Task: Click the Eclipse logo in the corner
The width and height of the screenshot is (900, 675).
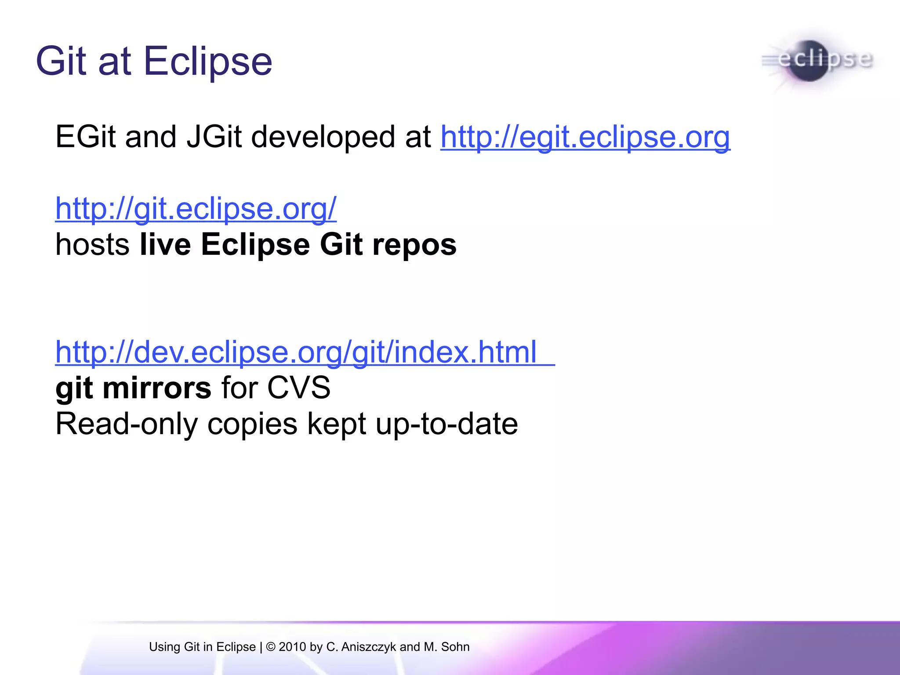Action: tap(817, 60)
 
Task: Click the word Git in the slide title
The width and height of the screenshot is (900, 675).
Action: tap(61, 61)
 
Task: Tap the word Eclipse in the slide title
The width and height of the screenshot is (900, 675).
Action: tap(207, 61)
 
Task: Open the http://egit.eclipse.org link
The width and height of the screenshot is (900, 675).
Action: tap(585, 137)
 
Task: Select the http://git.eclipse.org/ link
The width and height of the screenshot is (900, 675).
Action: tap(196, 209)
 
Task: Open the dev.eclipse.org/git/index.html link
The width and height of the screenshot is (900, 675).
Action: tap(296, 352)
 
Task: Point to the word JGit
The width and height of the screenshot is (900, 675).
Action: tap(214, 137)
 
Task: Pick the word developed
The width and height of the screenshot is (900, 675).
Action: tap(323, 137)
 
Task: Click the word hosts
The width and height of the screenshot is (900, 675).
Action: tap(92, 245)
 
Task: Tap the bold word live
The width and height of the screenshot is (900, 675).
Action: tap(165, 245)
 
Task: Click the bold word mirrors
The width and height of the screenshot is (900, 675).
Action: tap(157, 388)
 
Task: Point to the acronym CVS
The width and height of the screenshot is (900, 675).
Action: tap(298, 388)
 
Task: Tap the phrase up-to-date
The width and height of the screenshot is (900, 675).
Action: tap(447, 425)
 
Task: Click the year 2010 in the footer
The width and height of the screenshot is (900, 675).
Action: tap(292, 647)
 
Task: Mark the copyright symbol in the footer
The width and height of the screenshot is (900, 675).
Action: tap(271, 647)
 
